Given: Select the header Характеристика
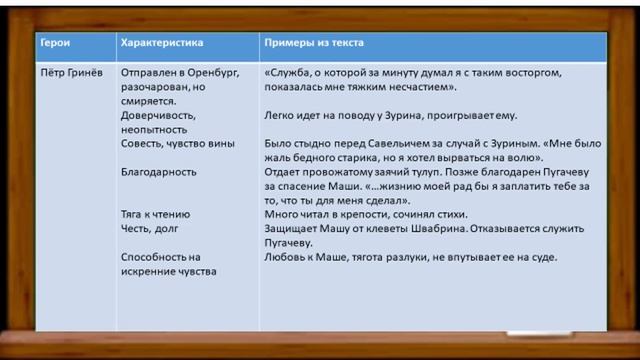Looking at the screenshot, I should point(161,44).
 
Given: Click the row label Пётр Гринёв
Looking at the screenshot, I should point(69,73).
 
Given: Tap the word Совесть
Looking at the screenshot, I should point(142,144).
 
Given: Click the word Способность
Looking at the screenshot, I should point(154,257).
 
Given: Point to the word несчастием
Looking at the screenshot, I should point(458,87).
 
